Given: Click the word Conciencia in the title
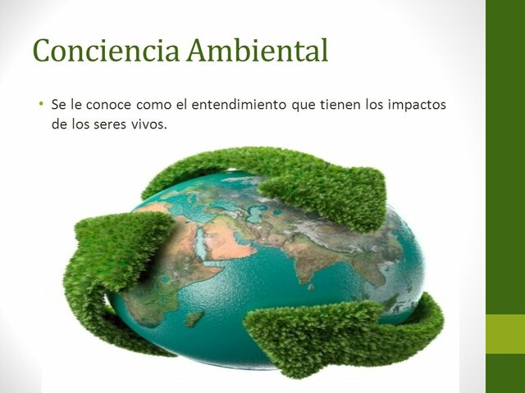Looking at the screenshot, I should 107,51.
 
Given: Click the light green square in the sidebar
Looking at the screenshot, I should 505,334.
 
